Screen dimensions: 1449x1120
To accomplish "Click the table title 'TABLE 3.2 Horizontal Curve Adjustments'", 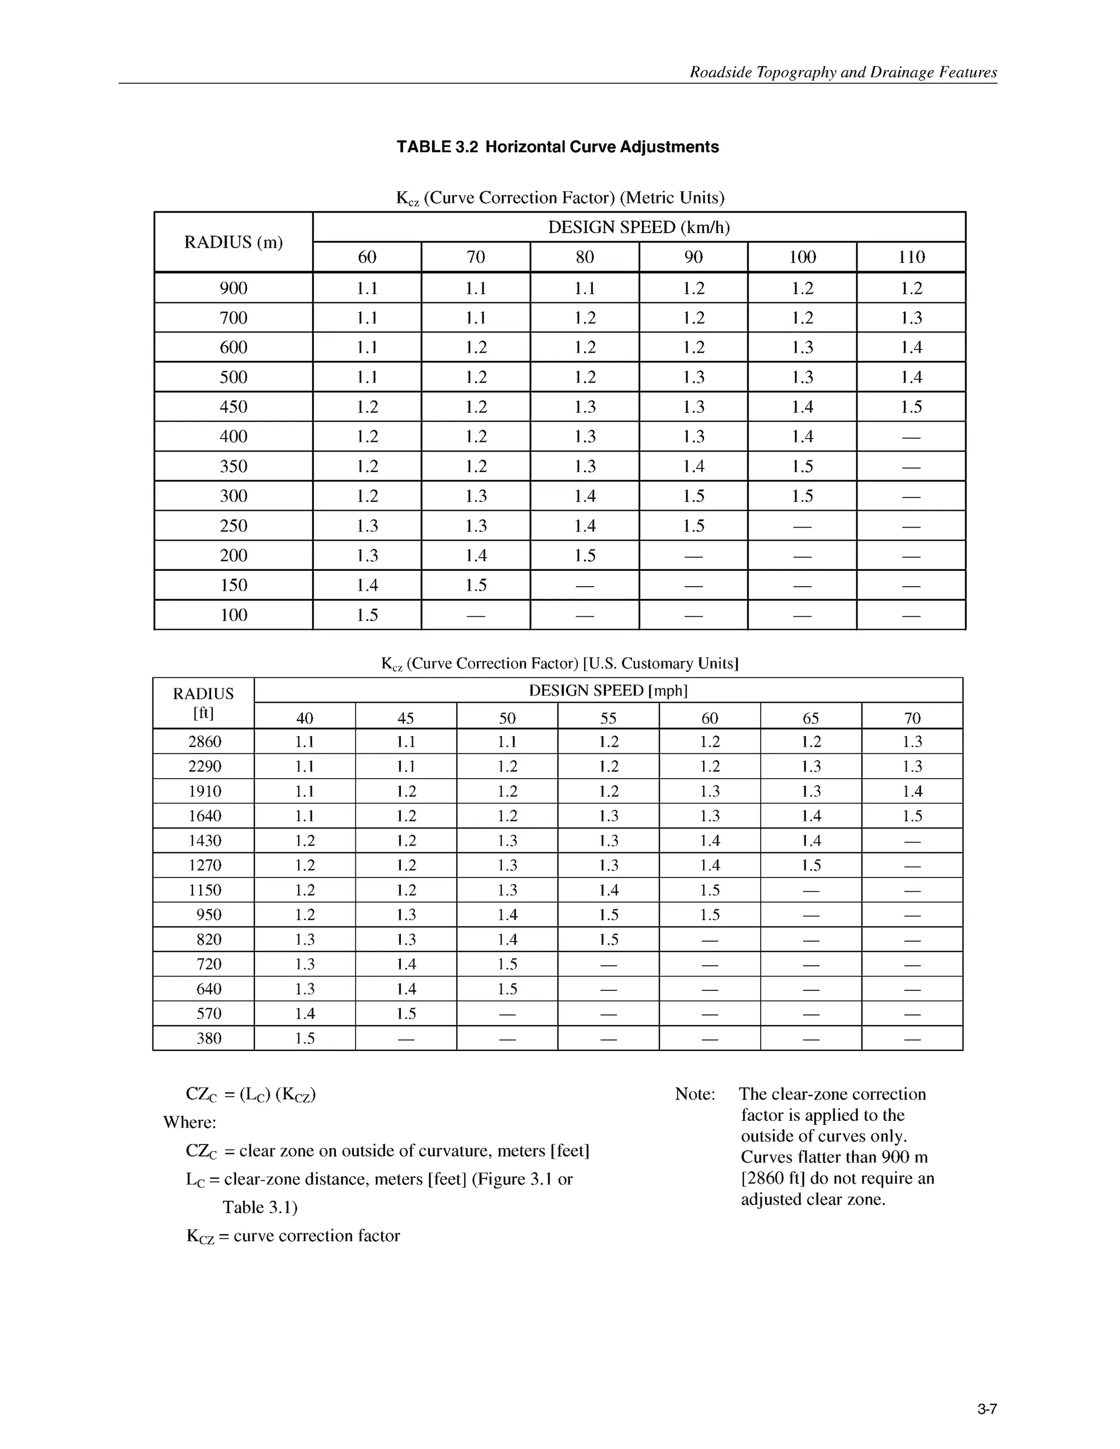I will [557, 147].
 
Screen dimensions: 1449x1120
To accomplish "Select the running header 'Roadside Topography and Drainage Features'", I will [843, 72].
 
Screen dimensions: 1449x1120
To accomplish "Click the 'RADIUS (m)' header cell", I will [233, 242].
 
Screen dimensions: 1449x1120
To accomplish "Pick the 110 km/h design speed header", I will [911, 258].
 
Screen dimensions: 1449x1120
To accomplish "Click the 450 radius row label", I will [233, 407].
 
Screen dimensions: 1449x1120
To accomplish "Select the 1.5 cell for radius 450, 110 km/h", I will [911, 407].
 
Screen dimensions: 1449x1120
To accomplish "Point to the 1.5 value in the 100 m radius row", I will [367, 615].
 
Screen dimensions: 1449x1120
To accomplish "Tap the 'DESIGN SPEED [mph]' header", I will [608, 691].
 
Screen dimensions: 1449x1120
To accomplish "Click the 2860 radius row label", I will [205, 742].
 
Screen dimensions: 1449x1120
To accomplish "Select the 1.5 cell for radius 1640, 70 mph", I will [912, 816].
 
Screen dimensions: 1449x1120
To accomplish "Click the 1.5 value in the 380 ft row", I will [305, 1038].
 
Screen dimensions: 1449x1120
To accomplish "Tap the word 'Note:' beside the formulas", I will [695, 1094].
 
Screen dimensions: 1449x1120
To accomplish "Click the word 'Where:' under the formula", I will [190, 1123].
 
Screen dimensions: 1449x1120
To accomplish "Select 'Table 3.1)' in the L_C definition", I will [260, 1207].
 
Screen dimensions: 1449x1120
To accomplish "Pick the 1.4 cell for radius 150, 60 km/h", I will [367, 585].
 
